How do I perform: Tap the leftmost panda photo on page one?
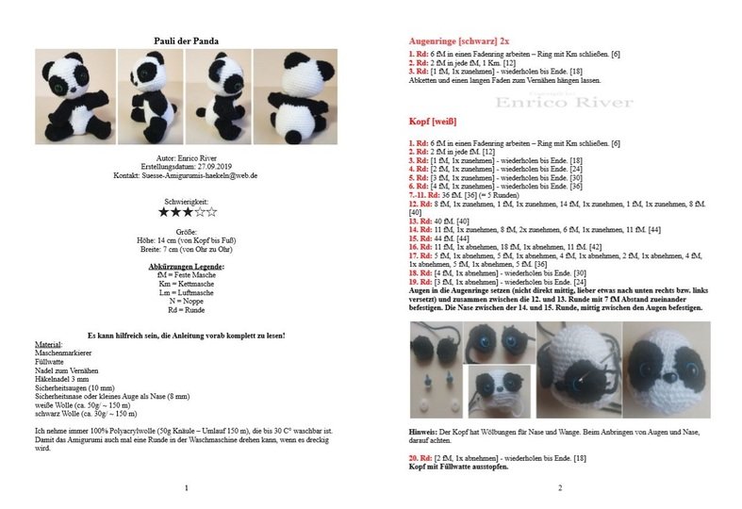[74, 95]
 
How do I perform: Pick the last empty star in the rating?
[211, 213]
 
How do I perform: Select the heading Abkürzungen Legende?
[186, 269]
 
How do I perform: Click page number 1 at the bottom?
[186, 487]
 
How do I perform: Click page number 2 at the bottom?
[559, 487]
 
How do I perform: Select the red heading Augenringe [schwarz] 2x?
[459, 41]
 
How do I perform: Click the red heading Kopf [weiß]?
[433, 123]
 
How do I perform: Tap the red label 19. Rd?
[421, 283]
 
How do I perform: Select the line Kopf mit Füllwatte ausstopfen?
[459, 467]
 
